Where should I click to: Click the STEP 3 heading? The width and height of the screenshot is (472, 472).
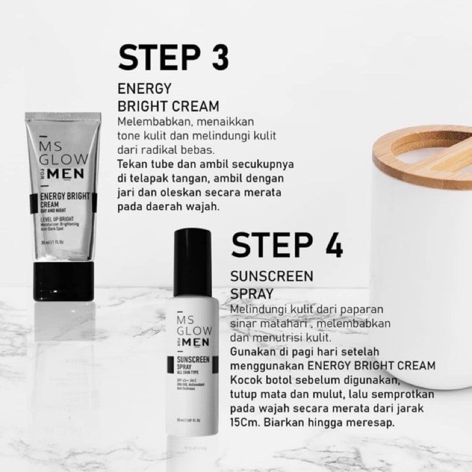173,57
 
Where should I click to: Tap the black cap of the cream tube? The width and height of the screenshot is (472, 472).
63,282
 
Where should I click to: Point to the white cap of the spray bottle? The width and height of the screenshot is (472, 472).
198,260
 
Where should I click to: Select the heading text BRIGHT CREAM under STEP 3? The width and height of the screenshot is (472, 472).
168,106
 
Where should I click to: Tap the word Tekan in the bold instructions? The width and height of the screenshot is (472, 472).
133,164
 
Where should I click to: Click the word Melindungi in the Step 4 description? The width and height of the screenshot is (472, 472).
258,309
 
